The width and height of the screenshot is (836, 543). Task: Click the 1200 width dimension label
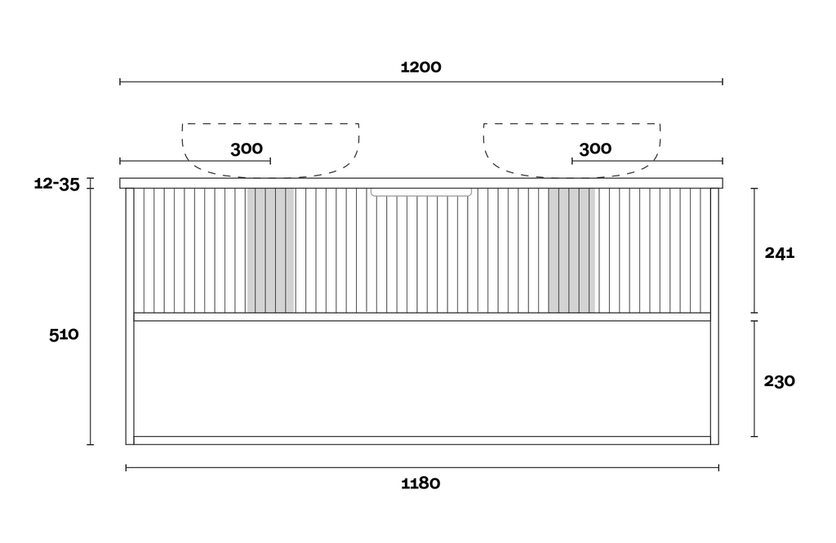click(420, 67)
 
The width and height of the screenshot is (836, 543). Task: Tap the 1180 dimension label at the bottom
click(420, 483)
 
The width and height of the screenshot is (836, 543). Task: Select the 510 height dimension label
click(64, 335)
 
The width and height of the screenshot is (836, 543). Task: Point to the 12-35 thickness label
click(56, 184)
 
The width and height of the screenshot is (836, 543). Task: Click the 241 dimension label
click(780, 253)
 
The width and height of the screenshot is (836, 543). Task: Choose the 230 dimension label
click(780, 381)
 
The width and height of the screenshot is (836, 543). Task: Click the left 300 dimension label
click(247, 149)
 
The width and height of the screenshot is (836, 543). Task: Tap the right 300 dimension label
click(595, 149)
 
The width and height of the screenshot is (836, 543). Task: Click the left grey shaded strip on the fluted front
click(271, 250)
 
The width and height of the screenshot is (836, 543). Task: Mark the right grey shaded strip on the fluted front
click(571, 250)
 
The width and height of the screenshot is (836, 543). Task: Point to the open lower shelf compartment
click(422, 379)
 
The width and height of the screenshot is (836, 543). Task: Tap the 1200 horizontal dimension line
click(421, 82)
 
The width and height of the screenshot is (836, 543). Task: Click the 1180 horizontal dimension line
click(422, 468)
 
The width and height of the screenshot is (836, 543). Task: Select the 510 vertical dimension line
click(91, 311)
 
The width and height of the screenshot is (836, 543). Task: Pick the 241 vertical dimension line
click(754, 250)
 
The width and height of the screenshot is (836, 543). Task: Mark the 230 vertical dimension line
click(754, 379)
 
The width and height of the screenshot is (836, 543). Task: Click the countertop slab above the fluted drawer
click(421, 183)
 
